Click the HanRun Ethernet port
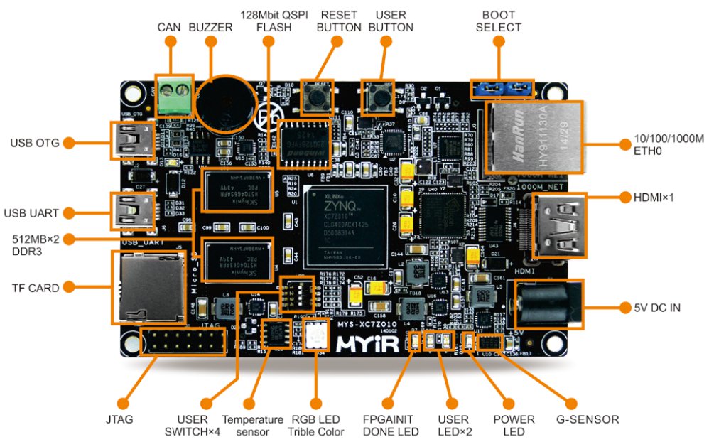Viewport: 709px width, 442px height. click(533, 137)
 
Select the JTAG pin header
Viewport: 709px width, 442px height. click(183, 342)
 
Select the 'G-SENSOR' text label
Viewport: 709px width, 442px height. click(587, 419)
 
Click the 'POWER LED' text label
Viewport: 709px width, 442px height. click(514, 425)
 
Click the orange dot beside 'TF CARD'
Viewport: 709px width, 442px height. click(69, 288)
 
